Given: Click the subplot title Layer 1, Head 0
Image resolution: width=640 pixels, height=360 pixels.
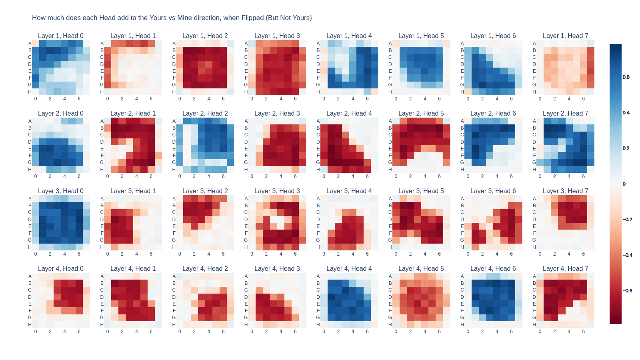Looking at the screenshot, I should tap(61, 36).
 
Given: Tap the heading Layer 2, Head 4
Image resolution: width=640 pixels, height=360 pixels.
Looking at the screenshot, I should tap(349, 114).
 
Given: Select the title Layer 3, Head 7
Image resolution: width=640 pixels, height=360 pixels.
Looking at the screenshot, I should tap(565, 191).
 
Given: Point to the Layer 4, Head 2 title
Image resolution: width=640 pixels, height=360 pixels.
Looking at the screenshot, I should tap(205, 269).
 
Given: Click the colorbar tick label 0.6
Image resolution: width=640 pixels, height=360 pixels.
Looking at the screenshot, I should tap(626, 77).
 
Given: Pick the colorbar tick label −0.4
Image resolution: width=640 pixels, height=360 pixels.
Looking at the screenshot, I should tap(627, 255).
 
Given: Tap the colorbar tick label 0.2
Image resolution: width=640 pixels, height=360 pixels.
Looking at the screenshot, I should tap(626, 148).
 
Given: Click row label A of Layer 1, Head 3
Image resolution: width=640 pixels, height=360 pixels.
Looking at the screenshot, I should tap(246, 44).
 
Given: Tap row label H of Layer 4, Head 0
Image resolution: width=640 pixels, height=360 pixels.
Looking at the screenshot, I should tap(30, 325).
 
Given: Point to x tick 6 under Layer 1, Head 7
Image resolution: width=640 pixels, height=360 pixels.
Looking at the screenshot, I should tap(583, 99).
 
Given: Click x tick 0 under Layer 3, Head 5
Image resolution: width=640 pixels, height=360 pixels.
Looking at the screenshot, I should tap(396, 254).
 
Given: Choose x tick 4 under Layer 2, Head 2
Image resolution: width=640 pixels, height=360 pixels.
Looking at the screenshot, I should tap(208, 176).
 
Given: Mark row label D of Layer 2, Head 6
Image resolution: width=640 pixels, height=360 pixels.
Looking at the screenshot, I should tap(462, 142).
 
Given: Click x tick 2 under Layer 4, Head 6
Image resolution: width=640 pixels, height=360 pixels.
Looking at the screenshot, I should tap(482, 332).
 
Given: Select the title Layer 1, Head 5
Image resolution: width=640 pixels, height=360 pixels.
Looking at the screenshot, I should tap(421, 36).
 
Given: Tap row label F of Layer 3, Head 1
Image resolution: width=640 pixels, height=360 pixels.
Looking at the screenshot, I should tap(102, 233).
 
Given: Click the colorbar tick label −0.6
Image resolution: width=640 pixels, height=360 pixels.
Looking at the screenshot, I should tap(627, 291).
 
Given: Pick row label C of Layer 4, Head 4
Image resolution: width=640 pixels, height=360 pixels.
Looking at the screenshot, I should tap(318, 290).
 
